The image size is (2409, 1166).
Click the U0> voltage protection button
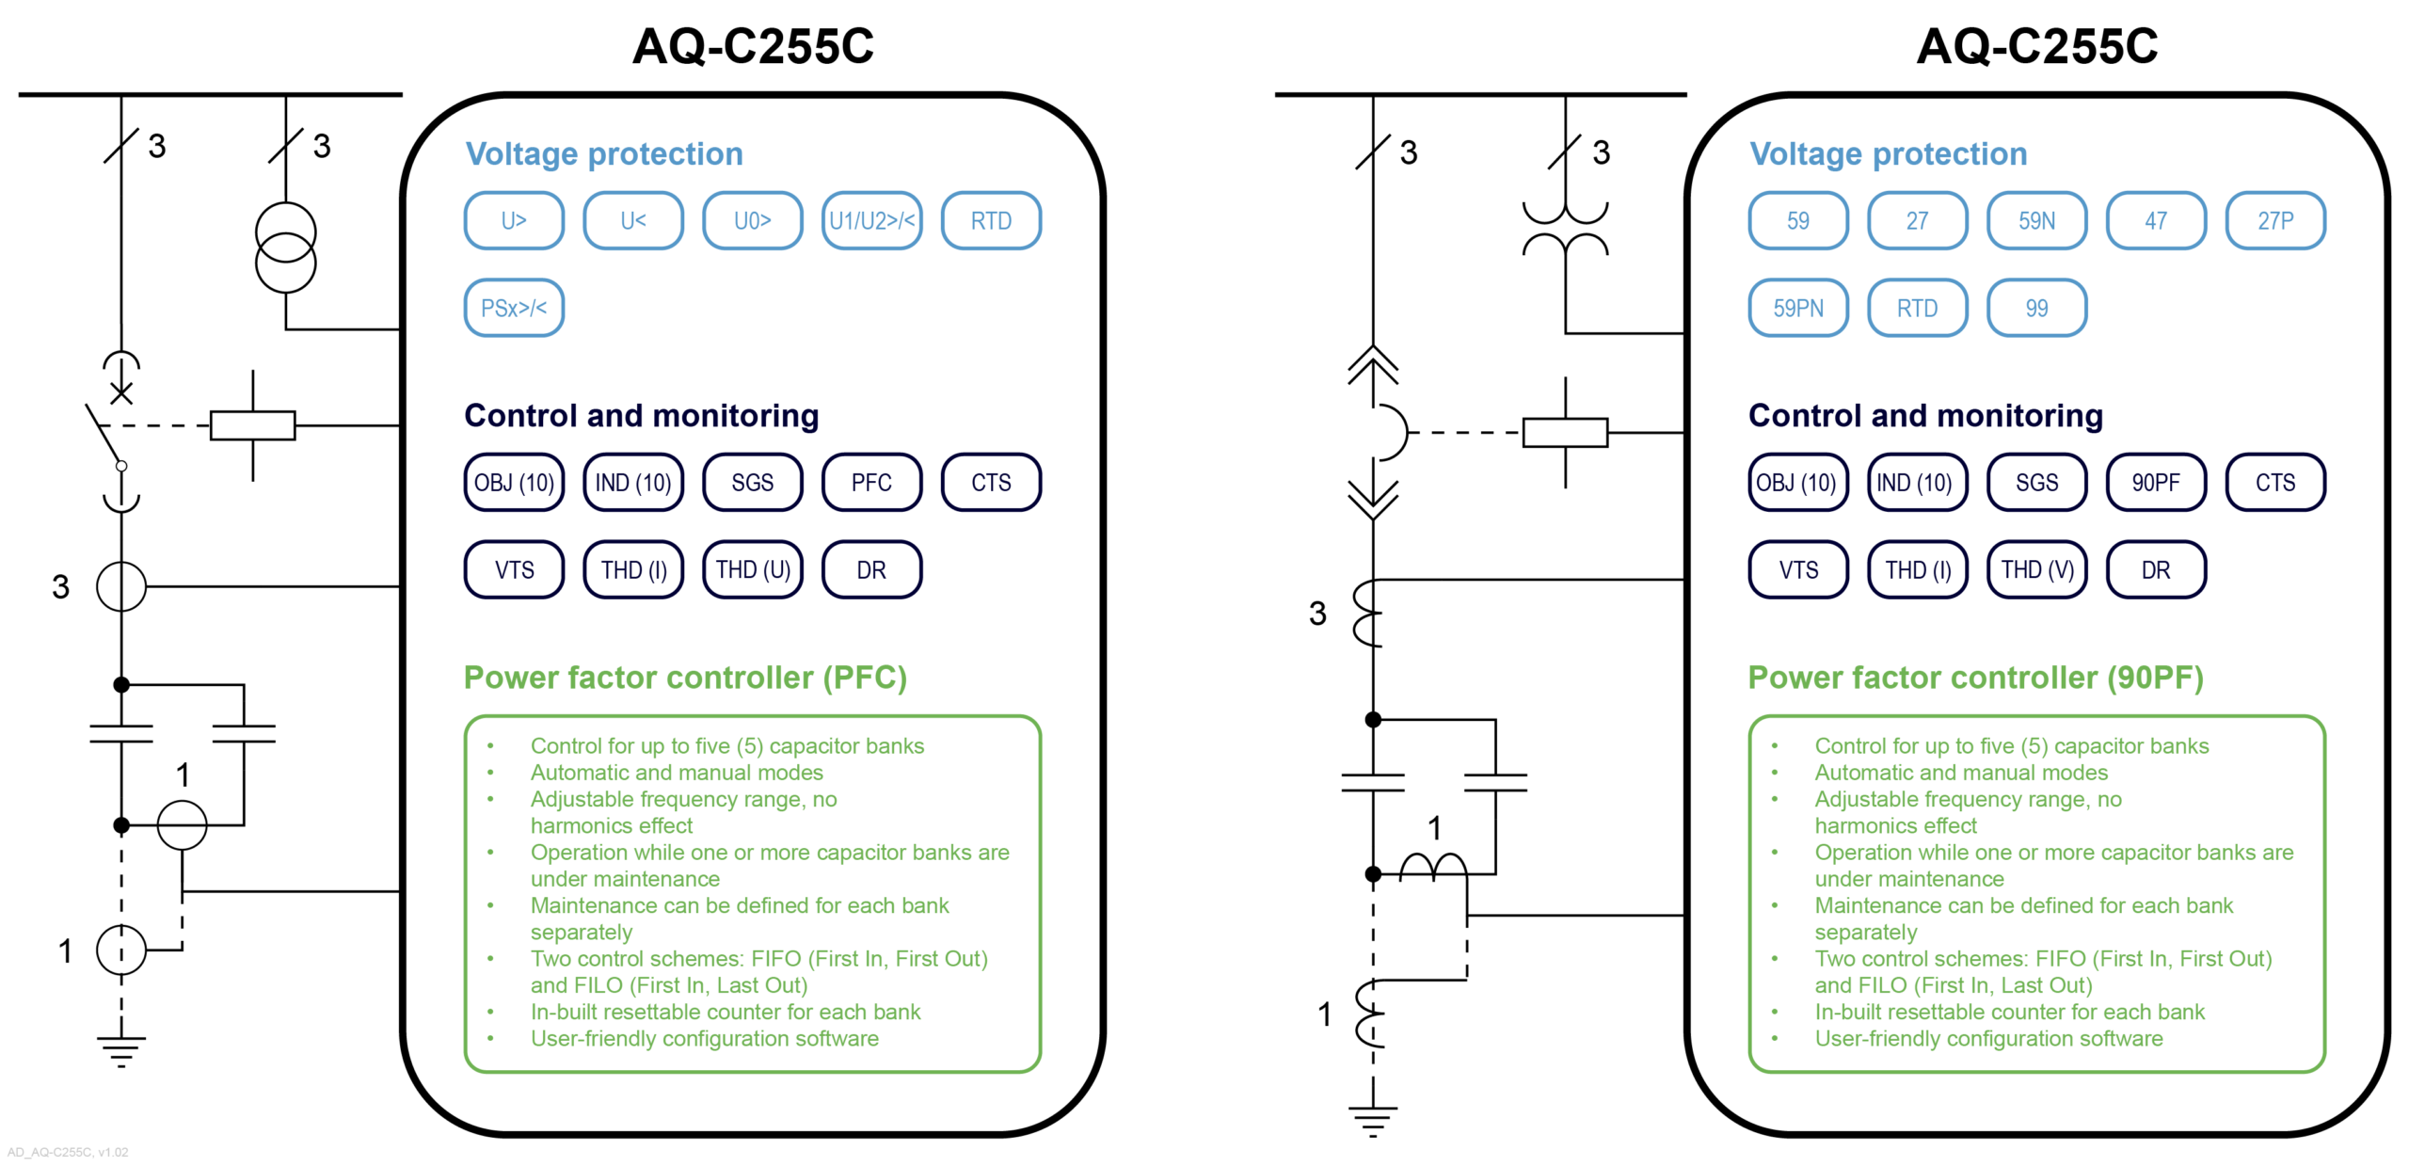tap(751, 220)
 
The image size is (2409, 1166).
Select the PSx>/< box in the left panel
tap(513, 308)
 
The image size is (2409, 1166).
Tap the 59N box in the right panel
tap(2035, 220)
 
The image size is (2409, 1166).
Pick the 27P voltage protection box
tap(2274, 220)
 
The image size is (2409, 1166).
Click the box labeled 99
tap(2035, 308)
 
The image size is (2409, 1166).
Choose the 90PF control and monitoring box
tap(2155, 482)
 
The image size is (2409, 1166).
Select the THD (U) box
tap(752, 569)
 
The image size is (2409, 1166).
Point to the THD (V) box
tap(2035, 569)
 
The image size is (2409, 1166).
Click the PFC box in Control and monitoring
tap(870, 482)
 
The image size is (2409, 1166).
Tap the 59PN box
tap(1797, 308)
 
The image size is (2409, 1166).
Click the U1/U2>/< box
tap(870, 220)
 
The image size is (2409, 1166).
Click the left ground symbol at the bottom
tap(120, 1048)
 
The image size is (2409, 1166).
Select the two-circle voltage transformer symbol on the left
tap(285, 247)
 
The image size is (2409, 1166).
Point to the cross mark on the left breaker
tap(120, 392)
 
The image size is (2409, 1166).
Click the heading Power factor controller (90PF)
tap(1974, 678)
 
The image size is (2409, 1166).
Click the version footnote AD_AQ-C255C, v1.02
tap(67, 1151)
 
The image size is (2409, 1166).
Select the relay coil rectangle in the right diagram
tap(1564, 432)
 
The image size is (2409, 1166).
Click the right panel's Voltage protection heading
tap(1887, 153)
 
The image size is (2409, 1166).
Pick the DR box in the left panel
tap(870, 569)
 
